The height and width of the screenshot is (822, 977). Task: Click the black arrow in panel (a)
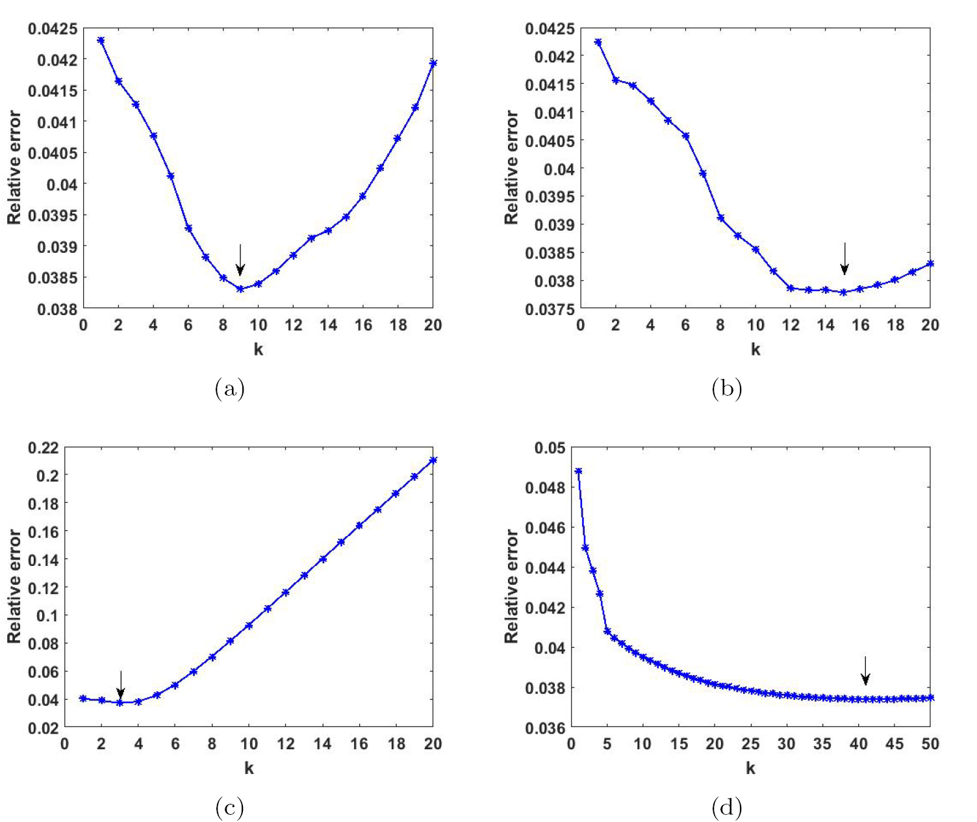click(x=240, y=261)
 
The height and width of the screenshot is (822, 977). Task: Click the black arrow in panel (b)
click(x=844, y=259)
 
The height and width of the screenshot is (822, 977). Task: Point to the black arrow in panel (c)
click(x=120, y=686)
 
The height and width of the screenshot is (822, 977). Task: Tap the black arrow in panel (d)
click(x=865, y=671)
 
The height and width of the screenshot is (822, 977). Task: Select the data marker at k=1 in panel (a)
click(x=101, y=40)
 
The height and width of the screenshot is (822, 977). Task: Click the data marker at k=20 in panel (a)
click(x=433, y=63)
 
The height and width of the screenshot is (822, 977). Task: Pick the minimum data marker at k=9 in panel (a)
click(x=240, y=289)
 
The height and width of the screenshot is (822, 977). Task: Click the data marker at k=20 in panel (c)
click(x=433, y=460)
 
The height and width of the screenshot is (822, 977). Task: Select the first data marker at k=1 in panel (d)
click(x=578, y=471)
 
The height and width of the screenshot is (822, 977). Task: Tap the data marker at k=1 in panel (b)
click(x=598, y=42)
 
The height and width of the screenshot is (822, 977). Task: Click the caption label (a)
click(x=229, y=389)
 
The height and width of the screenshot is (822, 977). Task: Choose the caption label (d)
click(x=727, y=808)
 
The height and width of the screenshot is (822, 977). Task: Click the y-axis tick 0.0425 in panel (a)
click(x=53, y=29)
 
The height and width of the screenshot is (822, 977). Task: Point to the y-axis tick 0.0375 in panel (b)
click(x=550, y=309)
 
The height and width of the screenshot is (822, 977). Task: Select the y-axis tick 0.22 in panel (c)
click(x=43, y=448)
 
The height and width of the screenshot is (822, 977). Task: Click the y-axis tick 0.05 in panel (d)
click(x=550, y=448)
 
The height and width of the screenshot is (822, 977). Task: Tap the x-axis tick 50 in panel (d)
click(x=930, y=744)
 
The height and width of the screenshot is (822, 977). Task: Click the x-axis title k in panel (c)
click(x=249, y=769)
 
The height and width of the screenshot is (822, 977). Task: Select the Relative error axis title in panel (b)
click(x=512, y=168)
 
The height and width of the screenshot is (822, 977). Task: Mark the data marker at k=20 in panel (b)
click(x=930, y=263)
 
